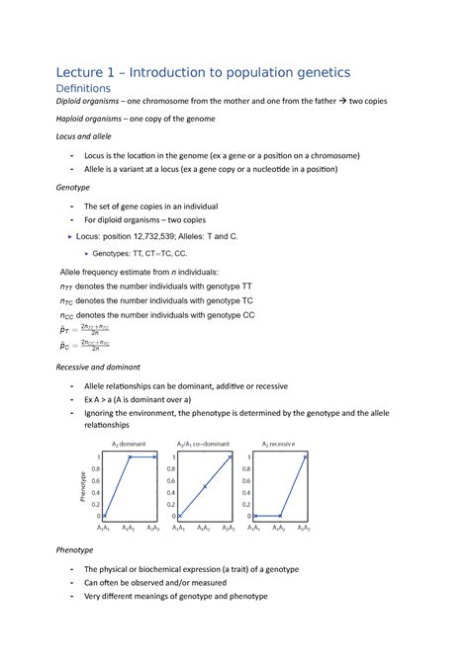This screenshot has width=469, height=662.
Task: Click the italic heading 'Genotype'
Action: (x=74, y=188)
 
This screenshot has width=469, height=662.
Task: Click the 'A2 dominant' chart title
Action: (x=128, y=445)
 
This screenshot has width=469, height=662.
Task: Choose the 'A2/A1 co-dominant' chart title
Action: (x=205, y=445)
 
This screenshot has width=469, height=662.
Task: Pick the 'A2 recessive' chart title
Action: (x=283, y=445)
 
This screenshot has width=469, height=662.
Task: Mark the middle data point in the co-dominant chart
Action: (x=205, y=487)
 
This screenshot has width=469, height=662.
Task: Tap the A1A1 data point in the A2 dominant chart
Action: (x=104, y=517)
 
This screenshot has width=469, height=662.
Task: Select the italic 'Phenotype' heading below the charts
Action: (x=75, y=549)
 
